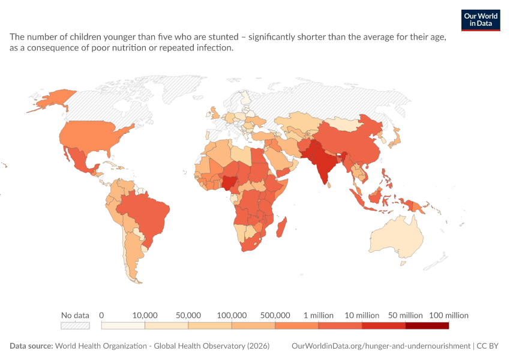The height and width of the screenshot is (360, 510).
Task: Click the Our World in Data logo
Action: (x=481, y=20)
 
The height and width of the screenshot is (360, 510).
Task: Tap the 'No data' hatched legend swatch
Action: (x=75, y=326)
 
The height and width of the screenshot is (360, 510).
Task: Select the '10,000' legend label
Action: (x=145, y=315)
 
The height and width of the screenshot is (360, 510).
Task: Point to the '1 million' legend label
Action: (x=319, y=315)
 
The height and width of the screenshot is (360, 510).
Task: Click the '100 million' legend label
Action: (x=449, y=315)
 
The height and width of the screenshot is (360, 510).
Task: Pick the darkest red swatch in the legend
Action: (x=427, y=326)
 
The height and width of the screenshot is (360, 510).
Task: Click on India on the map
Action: (x=322, y=163)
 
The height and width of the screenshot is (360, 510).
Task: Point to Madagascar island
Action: (x=281, y=227)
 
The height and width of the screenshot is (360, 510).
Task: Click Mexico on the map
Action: (x=79, y=160)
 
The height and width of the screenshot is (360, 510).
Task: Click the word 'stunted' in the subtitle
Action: (x=223, y=37)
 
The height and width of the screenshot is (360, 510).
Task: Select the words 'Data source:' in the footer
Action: (x=31, y=346)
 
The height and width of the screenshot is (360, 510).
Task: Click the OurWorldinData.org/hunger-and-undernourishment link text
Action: (x=381, y=346)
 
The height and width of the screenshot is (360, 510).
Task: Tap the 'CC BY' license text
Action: (x=488, y=346)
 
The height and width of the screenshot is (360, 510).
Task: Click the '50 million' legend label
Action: (x=405, y=315)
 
